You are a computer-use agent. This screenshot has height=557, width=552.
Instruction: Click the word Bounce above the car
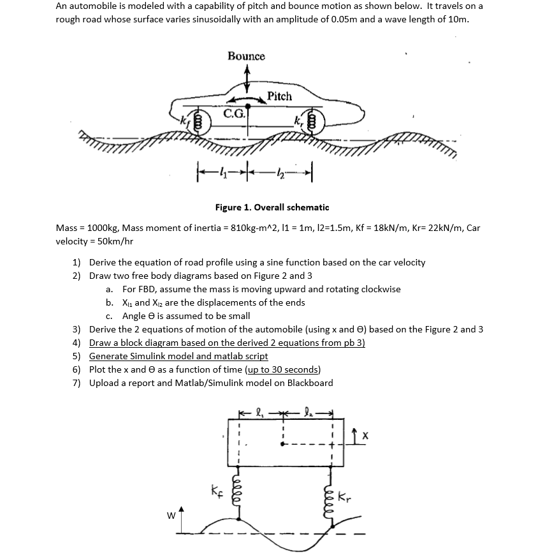(246, 56)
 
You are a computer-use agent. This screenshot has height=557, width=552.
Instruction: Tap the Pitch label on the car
(279, 96)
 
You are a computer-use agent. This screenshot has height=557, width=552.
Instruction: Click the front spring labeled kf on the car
(198, 120)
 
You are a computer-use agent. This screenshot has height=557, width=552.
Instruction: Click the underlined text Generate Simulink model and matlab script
(178, 356)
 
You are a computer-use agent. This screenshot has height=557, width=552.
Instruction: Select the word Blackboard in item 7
(310, 383)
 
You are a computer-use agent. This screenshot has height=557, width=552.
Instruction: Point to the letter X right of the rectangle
(365, 436)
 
